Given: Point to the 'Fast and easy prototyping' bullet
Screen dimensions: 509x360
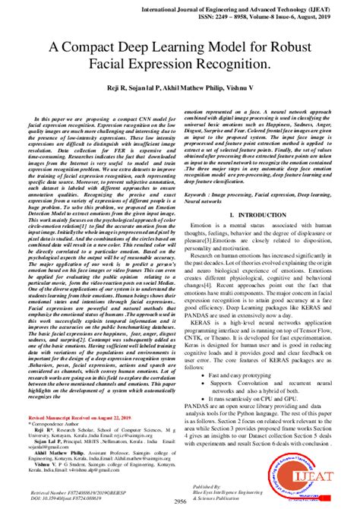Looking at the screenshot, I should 248,354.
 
